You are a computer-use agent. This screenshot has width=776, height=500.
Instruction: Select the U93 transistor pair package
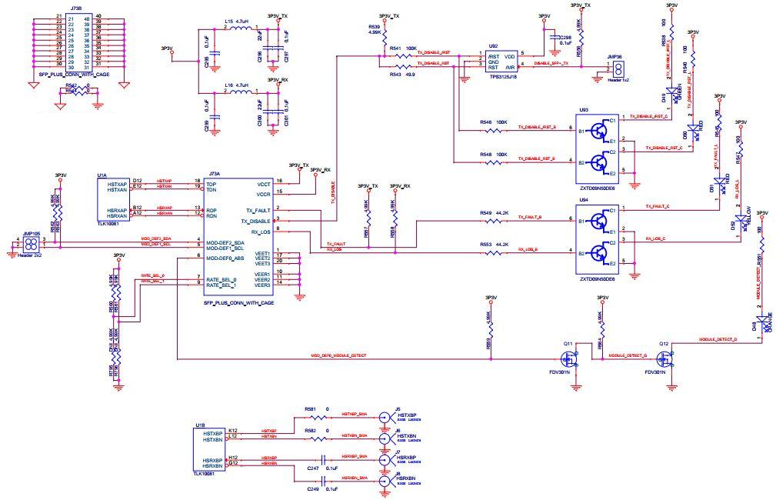point(598,143)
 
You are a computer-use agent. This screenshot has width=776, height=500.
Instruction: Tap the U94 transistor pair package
point(598,235)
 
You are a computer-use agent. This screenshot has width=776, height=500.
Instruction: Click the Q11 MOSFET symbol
point(570,358)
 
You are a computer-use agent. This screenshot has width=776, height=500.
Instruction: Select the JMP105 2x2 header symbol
point(31,244)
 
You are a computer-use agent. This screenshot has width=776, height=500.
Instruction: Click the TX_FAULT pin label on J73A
point(258,210)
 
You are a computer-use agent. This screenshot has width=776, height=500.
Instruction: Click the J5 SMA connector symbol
point(386,418)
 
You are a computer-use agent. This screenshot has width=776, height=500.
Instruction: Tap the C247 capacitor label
point(312,468)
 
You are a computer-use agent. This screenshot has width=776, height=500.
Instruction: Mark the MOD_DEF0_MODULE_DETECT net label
point(338,356)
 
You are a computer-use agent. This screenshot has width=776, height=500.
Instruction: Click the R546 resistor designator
point(485,122)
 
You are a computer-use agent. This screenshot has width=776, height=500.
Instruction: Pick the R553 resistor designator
point(485,244)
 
